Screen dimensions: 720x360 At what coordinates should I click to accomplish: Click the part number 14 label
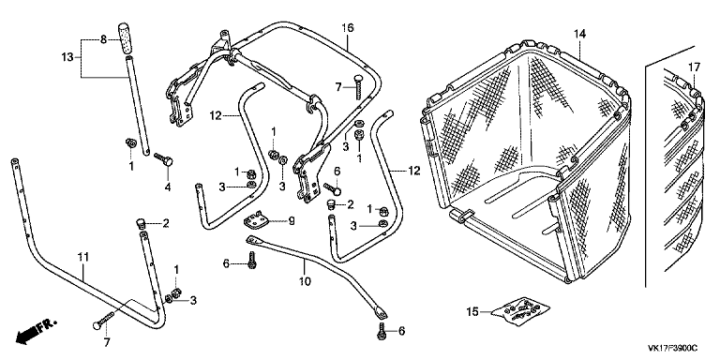point(579,34)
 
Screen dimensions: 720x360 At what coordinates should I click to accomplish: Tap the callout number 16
point(348,27)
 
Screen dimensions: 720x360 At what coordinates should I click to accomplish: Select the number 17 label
point(694,67)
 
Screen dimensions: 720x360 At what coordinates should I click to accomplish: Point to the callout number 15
point(472,312)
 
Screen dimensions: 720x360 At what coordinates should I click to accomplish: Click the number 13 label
point(67,57)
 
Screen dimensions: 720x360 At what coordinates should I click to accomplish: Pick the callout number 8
point(103,39)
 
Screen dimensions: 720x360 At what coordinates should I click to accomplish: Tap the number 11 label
point(82,257)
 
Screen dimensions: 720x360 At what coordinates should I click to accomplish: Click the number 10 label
point(306,280)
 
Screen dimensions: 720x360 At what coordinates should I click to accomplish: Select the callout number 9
point(292,221)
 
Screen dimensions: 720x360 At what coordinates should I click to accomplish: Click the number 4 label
point(168,187)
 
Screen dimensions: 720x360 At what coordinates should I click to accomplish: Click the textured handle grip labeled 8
point(125,38)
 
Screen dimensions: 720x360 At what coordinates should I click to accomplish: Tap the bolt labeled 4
point(163,159)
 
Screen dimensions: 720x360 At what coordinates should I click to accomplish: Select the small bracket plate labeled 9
point(257,221)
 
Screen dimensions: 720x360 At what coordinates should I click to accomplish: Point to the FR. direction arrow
point(36,330)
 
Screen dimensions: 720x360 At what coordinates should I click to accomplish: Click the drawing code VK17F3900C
point(672,348)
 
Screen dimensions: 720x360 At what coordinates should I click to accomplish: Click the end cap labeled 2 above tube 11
point(141,224)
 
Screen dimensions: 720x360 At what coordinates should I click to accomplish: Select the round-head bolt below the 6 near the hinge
point(332,187)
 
